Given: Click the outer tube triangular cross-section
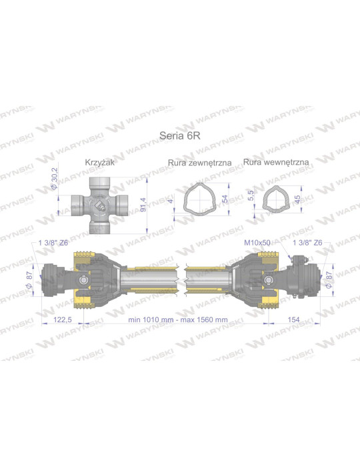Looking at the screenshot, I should click(x=201, y=199).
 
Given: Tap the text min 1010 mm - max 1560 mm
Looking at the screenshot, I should click(x=177, y=320).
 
